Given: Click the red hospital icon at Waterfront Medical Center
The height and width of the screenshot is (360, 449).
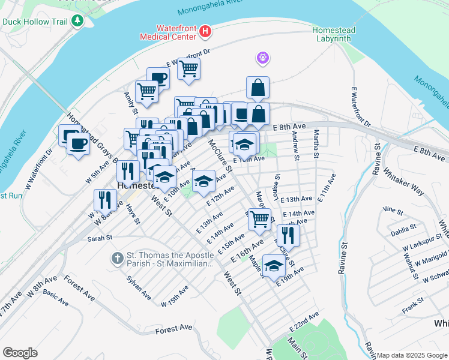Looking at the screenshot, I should [x=205, y=30].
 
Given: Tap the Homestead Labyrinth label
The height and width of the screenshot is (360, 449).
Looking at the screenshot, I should [x=334, y=35].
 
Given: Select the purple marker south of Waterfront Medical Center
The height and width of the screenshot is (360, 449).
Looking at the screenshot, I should [x=263, y=58].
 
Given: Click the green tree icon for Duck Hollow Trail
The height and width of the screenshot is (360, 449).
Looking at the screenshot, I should [x=77, y=22].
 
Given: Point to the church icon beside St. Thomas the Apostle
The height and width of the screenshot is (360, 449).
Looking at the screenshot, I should [x=118, y=259].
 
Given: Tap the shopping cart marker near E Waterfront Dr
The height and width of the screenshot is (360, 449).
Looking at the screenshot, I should [x=188, y=68].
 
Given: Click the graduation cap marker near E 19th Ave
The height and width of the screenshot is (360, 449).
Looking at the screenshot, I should [x=274, y=265].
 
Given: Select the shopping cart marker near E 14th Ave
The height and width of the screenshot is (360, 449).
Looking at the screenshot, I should [x=259, y=219].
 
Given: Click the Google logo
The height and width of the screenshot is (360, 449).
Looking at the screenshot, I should [x=20, y=353].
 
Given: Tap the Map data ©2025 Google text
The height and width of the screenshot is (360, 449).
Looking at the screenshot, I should [x=411, y=355].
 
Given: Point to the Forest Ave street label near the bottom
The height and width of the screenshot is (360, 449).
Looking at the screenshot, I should [x=173, y=328].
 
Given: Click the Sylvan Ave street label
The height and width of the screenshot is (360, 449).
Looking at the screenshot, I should [x=138, y=287].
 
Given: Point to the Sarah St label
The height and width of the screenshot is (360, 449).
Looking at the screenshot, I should [x=100, y=238].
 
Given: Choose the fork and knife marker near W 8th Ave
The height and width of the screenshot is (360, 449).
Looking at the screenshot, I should [x=106, y=200].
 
